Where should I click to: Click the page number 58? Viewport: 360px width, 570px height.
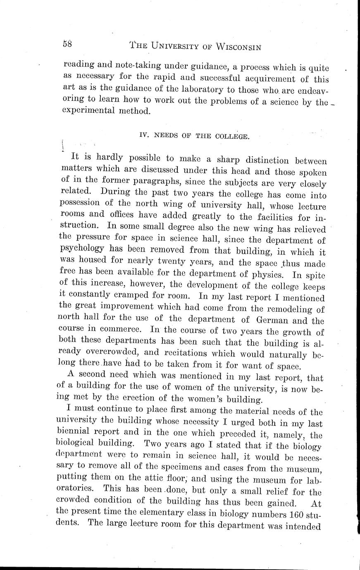click(x=68, y=44)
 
